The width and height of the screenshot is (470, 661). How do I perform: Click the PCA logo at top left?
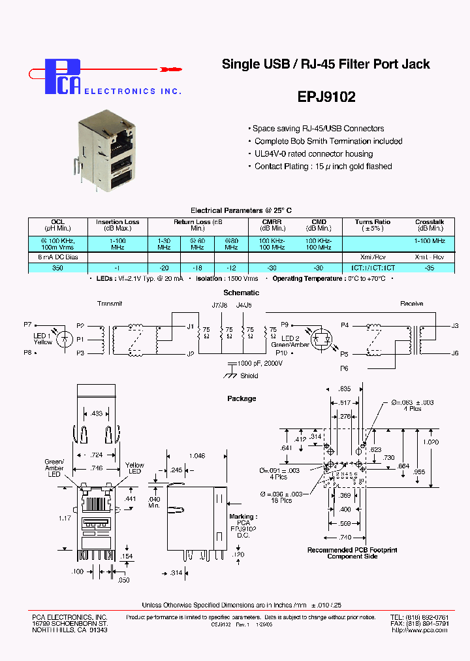[63, 76]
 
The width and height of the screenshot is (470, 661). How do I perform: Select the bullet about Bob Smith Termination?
[328, 141]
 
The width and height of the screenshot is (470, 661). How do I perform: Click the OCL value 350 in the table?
[57, 267]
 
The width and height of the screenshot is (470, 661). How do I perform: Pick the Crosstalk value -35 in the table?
[429, 267]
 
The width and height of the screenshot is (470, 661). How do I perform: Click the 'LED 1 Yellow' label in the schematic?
[43, 338]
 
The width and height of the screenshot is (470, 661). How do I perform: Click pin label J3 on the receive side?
[455, 325]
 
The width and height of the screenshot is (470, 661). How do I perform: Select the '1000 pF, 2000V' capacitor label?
[260, 363]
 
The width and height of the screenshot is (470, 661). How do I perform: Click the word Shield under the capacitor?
[249, 376]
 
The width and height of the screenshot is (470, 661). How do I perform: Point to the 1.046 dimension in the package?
[196, 455]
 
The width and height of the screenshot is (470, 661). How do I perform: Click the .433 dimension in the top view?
[97, 413]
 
